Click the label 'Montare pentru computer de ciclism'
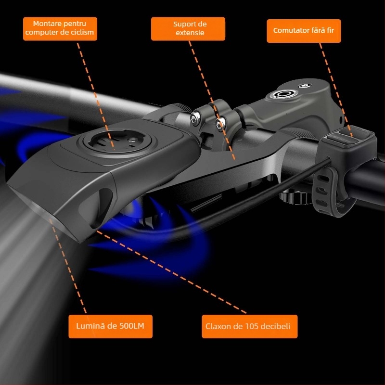click(x=60, y=29)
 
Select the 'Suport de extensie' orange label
click(x=188, y=29)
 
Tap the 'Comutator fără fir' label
click(x=304, y=31)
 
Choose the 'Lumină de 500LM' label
click(x=111, y=326)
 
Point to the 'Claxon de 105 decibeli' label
click(x=250, y=326)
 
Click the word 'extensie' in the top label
click(x=190, y=33)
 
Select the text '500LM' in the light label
click(x=131, y=326)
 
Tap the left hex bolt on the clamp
click(x=195, y=118)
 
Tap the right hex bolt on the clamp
click(x=220, y=124)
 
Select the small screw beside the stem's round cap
click(x=305, y=86)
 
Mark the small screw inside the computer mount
click(x=133, y=141)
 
